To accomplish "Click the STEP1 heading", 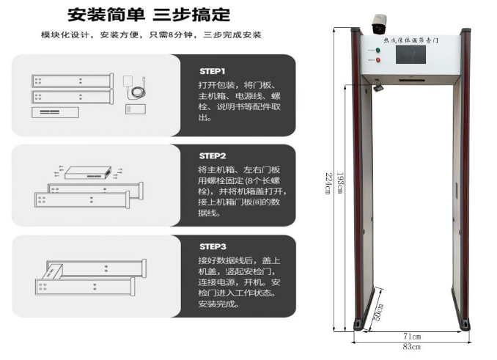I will click(213, 71).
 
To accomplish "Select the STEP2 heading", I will click(213, 156).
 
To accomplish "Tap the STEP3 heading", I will click(213, 246).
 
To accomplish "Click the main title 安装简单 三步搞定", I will click(149, 15).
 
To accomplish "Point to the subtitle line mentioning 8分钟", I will click(151, 35).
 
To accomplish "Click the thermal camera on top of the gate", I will click(380, 22).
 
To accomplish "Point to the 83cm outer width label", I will click(411, 345).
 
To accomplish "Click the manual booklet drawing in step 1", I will click(136, 109).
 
